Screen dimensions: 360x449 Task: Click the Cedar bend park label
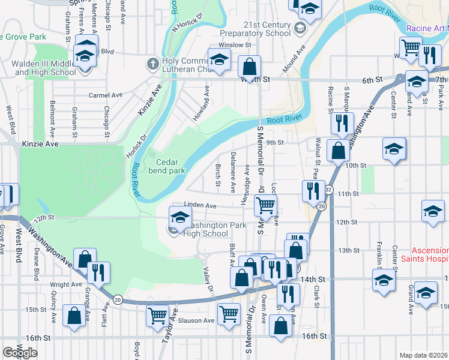(167, 166)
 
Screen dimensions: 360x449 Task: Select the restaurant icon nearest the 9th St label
(342, 123)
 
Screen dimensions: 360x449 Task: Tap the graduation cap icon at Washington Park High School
(178, 216)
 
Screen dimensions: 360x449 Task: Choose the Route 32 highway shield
(328, 190)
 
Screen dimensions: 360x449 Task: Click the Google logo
(20, 353)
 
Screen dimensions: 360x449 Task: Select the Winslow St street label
(234, 45)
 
